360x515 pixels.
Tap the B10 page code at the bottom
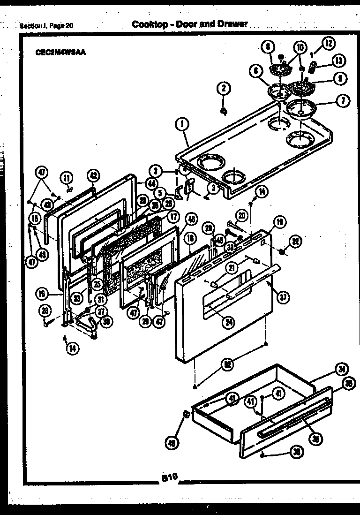point(169,477)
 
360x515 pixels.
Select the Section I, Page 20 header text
point(46,26)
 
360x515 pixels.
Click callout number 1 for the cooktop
point(181,125)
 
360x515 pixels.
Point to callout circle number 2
point(224,88)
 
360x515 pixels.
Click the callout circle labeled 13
point(339,61)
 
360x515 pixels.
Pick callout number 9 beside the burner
point(340,78)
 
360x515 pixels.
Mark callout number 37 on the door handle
point(283,296)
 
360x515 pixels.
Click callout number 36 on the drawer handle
point(316,439)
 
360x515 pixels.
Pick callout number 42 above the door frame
point(94,176)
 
